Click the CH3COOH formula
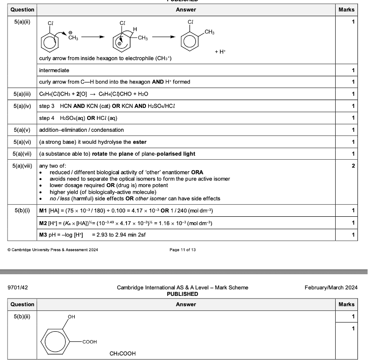123,353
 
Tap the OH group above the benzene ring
71,317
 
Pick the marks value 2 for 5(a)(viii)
353,166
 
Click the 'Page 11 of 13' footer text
183,250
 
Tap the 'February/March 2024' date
331,287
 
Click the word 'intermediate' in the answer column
54,70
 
